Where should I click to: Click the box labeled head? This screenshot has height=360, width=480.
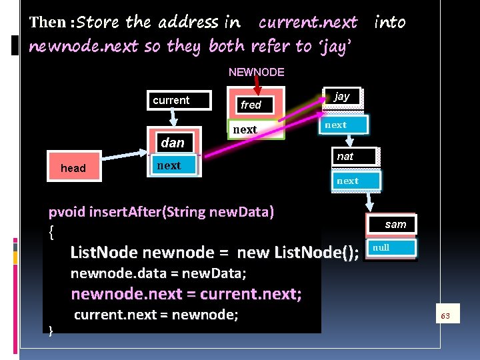coord(73,168)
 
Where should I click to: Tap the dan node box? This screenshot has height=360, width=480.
coord(173,143)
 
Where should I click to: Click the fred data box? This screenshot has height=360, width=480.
coord(256,105)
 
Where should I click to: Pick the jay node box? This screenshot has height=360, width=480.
coord(342,97)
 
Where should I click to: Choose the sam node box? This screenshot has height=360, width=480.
coord(395,224)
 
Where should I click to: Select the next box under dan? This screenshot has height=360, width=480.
coord(173,165)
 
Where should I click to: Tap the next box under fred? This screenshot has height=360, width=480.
coord(256,129)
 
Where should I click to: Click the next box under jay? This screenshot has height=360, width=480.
coord(342,125)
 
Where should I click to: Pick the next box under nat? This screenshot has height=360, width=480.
coord(355,181)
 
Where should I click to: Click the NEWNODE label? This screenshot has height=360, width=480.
coord(256,71)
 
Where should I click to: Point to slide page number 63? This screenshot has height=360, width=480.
coord(446,315)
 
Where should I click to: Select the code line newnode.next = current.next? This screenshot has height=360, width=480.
coord(186,294)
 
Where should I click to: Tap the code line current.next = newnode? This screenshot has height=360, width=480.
coord(155,315)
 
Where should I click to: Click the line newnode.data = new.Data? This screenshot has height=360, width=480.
coord(159,273)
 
